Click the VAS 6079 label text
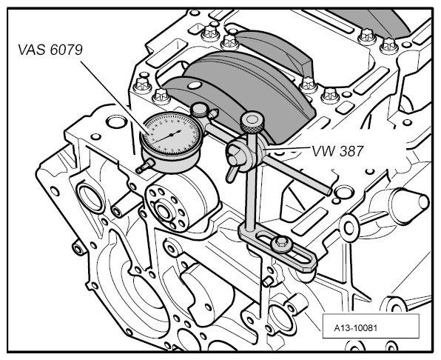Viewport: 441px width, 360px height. click(50, 50)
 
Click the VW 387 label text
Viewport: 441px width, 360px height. click(338, 151)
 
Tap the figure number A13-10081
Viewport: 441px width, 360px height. click(355, 328)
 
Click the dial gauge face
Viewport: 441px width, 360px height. click(171, 134)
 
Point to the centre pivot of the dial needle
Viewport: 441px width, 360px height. click(171, 135)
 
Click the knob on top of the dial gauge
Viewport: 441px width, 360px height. click(199, 109)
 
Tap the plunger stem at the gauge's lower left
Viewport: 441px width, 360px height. click(145, 166)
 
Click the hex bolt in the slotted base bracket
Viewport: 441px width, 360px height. click(281, 244)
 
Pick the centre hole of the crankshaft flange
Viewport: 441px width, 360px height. click(163, 211)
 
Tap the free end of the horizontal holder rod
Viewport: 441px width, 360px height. click(329, 192)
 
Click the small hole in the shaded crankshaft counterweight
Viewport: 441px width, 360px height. click(195, 85)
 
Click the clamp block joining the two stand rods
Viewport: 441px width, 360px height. click(247, 153)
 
